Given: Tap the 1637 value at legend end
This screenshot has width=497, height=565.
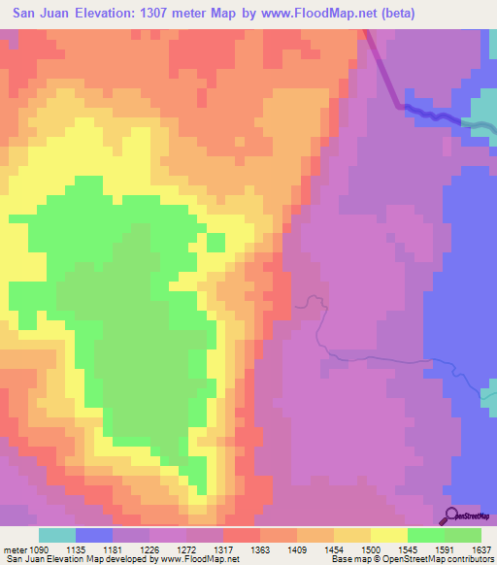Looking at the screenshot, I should [480, 549].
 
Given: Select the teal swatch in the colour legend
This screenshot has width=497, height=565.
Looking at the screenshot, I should [56, 535].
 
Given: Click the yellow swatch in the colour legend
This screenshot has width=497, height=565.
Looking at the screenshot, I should [387, 535].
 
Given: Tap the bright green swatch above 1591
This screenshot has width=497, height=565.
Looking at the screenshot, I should [425, 535].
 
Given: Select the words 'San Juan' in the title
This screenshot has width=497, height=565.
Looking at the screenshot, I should [40, 14].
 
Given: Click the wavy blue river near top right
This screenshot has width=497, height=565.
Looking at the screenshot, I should [437, 115].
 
